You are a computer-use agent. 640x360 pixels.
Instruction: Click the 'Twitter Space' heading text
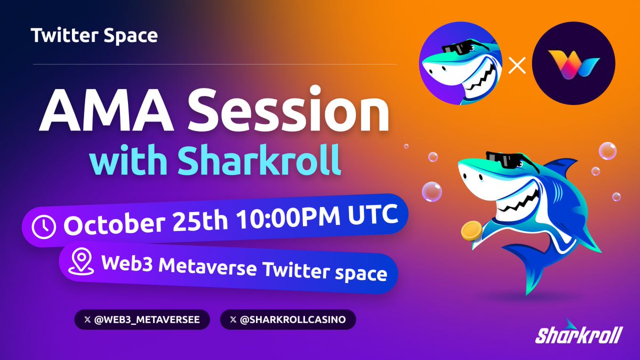click(x=94, y=36)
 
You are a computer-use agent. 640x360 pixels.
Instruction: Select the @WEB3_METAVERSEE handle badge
click(x=142, y=320)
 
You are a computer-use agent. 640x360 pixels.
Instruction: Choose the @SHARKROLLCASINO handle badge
click(x=287, y=320)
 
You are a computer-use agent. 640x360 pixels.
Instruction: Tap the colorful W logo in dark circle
click(x=573, y=63)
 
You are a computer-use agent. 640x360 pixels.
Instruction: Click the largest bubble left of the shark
click(x=432, y=191)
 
